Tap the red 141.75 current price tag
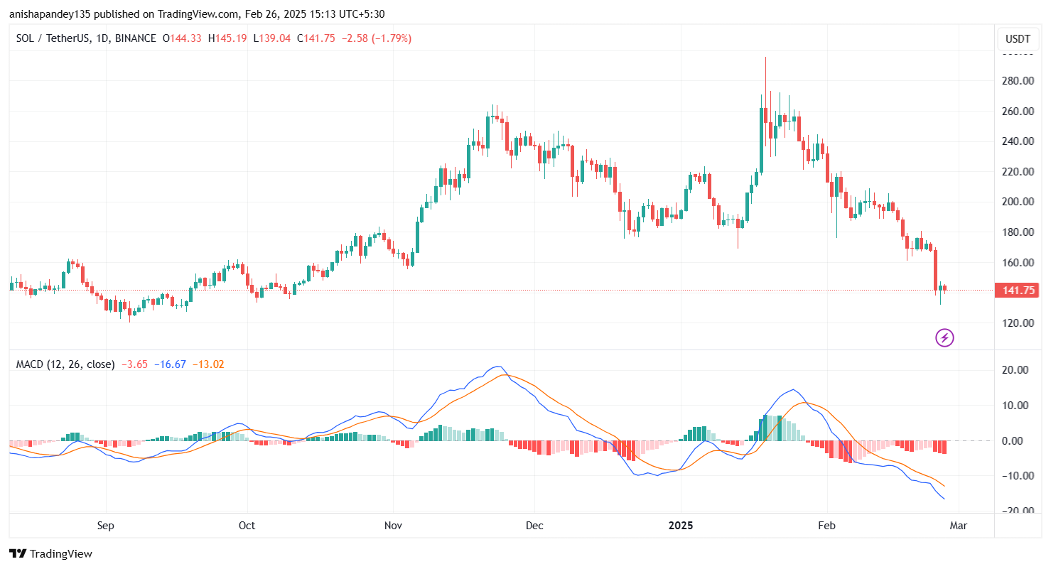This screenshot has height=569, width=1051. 1018,290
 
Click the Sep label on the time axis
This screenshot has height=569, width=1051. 106,526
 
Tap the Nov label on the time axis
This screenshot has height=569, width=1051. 393,526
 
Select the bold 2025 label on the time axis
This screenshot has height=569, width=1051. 681,526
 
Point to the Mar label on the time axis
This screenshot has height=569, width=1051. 959,526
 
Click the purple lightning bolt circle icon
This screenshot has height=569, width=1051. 944,338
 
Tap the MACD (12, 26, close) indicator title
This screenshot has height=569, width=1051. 65,364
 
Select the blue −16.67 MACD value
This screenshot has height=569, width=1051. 171,364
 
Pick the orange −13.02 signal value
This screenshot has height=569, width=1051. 208,364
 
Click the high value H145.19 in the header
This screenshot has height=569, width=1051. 227,38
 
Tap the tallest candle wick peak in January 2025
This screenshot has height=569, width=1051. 765,58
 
